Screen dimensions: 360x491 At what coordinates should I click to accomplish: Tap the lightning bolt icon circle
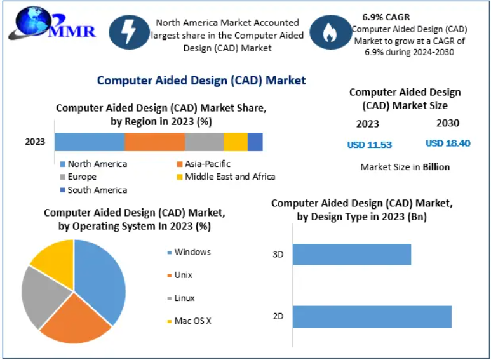pyautogui.click(x=128, y=32)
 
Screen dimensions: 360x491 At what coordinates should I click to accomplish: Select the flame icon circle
pyautogui.click(x=329, y=32)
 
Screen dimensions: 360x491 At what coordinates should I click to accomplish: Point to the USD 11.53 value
pyautogui.click(x=369, y=144)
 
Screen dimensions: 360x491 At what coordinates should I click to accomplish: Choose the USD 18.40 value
pyautogui.click(x=448, y=143)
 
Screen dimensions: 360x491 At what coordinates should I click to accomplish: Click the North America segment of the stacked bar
pyautogui.click(x=90, y=142)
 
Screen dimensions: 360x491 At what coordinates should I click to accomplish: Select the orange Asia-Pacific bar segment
pyautogui.click(x=154, y=142)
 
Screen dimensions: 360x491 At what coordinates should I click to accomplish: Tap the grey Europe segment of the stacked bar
pyautogui.click(x=204, y=142)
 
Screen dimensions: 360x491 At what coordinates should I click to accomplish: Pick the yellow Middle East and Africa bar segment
pyautogui.click(x=235, y=142)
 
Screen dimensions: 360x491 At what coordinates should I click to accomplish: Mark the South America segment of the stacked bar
pyautogui.click(x=255, y=142)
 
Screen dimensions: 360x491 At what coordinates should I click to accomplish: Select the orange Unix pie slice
pyautogui.click(x=76, y=321)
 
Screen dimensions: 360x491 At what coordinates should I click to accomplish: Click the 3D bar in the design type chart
pyautogui.click(x=351, y=255)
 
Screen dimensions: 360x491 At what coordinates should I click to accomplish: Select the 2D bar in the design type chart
pyautogui.click(x=372, y=316)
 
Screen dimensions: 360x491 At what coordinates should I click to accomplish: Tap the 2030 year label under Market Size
pyautogui.click(x=448, y=123)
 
